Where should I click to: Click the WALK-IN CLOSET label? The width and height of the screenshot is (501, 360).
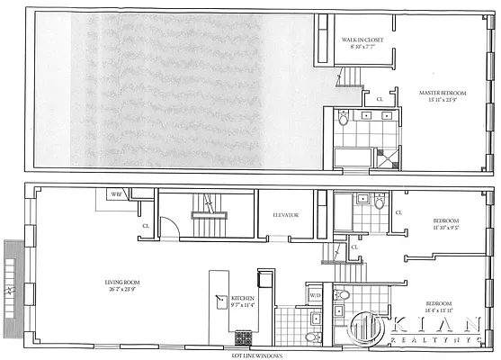click(362, 40)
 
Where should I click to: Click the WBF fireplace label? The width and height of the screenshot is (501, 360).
click(116, 194)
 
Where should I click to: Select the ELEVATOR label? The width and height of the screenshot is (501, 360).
click(284, 214)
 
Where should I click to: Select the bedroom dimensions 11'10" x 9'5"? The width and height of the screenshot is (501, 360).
click(445, 229)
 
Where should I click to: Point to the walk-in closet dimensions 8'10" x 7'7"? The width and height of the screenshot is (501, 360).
click(362, 49)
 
